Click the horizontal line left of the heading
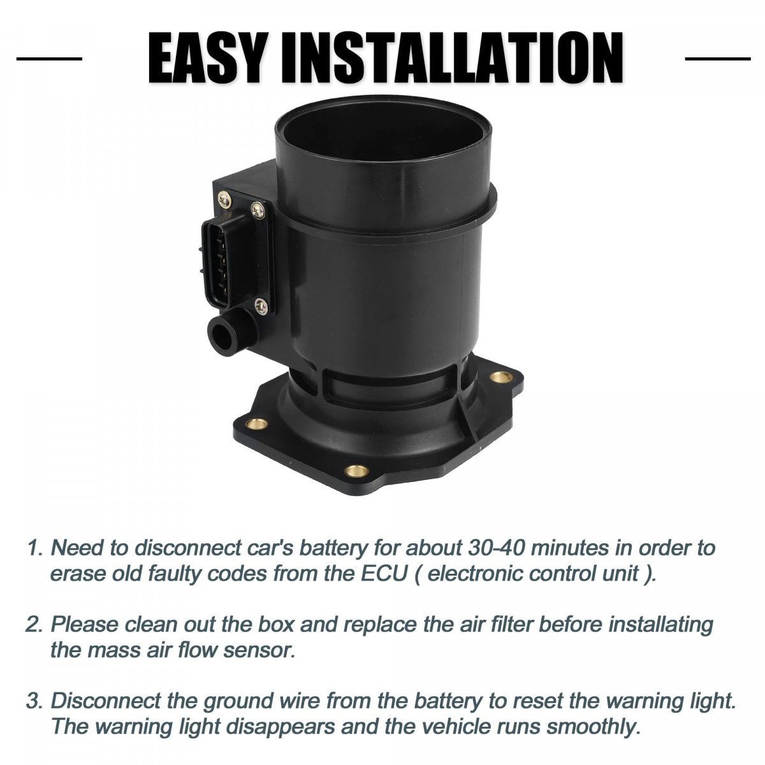pos(49,59)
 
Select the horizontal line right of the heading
pos(718,59)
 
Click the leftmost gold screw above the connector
pos(224,198)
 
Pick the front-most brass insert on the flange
pos(355,471)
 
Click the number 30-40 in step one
pos(497,548)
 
